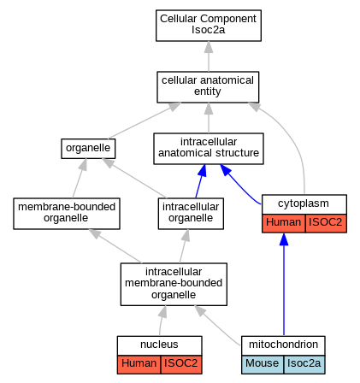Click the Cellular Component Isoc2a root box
coord(209,26)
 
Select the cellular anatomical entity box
coord(208,87)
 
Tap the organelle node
coord(88,149)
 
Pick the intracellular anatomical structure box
coord(209,149)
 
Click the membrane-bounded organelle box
coord(67,214)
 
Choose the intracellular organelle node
coord(191,214)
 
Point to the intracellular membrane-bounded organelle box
coord(174,284)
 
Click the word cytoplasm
coord(304,203)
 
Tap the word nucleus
coord(159,345)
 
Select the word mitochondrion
coord(283,345)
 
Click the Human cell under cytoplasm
coord(283,222)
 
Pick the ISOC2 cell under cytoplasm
coord(326,222)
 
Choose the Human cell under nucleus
coord(139,364)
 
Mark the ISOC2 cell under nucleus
coord(181,364)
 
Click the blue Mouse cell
coord(263,364)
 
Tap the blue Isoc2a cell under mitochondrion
coord(304,364)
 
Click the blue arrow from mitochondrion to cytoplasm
coord(284,284)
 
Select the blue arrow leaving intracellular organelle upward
coord(201,181)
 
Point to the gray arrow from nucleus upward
coord(162,321)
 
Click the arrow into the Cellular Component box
coord(209,56)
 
